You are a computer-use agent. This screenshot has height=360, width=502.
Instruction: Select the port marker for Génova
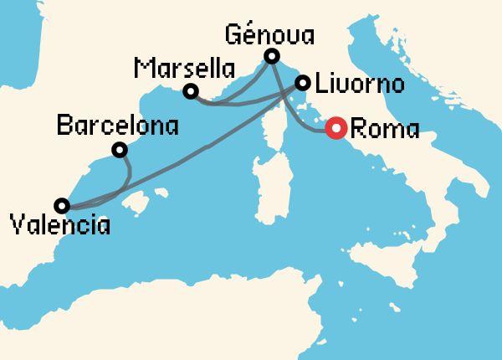[x=271, y=57]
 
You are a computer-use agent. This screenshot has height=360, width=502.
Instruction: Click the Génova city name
[x=270, y=36]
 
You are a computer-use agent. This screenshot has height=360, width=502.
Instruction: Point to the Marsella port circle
[x=191, y=90]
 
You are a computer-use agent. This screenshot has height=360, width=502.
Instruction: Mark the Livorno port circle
[x=303, y=83]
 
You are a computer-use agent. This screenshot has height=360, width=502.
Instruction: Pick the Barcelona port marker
[x=120, y=150]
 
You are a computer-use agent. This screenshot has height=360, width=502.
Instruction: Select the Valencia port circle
[x=62, y=205]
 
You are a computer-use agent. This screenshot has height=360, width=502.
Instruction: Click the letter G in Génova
[x=235, y=36]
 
